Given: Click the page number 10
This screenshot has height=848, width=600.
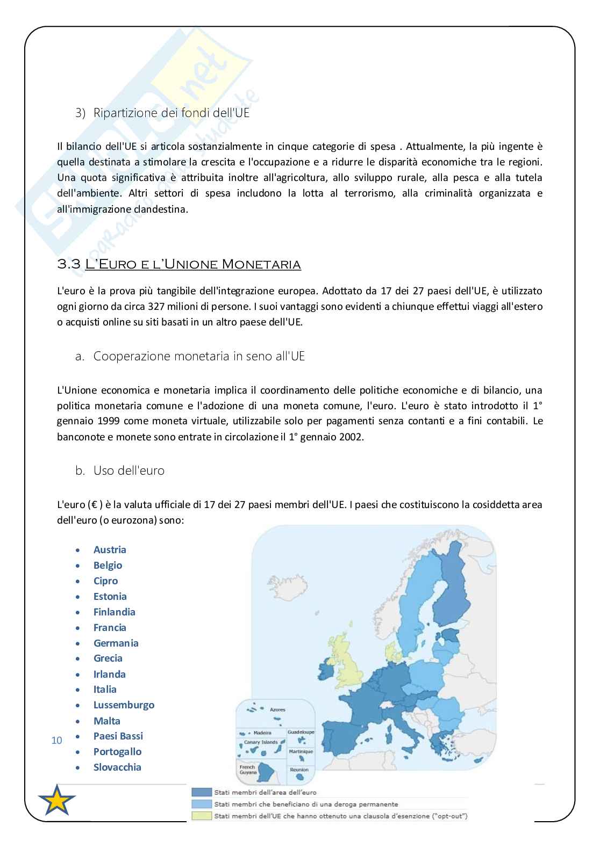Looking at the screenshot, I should tap(56, 741).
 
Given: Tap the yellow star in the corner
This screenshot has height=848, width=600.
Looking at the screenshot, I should tap(56, 800).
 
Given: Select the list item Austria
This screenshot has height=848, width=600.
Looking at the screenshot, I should tap(110, 549).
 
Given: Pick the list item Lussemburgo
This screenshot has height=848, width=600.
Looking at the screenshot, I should tap(124, 705).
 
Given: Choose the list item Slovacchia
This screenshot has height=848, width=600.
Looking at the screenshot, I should tap(117, 767).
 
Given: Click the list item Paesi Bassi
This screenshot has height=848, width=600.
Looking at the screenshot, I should tap(118, 736).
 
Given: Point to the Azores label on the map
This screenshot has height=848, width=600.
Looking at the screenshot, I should tap(277, 709).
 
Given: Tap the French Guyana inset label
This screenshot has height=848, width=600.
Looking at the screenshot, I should tap(247, 769).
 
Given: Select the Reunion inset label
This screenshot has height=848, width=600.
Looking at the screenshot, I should tap(299, 770).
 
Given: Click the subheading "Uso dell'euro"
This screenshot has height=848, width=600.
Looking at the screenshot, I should tap(128, 470).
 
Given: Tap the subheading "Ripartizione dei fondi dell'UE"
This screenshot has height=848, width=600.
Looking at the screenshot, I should tap(171, 113).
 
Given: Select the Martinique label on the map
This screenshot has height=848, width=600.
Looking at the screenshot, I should tap(301, 751).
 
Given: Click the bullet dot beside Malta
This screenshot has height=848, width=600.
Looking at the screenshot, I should tap(79, 721).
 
